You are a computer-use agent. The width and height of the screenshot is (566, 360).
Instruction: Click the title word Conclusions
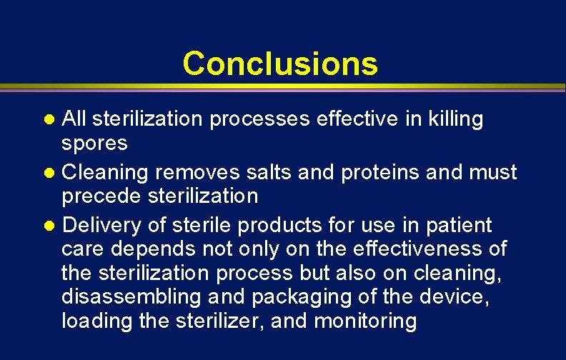point(280,63)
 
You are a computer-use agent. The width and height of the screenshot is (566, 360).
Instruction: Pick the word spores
point(94,144)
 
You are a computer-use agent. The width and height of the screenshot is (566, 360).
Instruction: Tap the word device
point(457,296)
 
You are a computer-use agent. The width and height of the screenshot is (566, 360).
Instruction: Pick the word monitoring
point(366,321)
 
